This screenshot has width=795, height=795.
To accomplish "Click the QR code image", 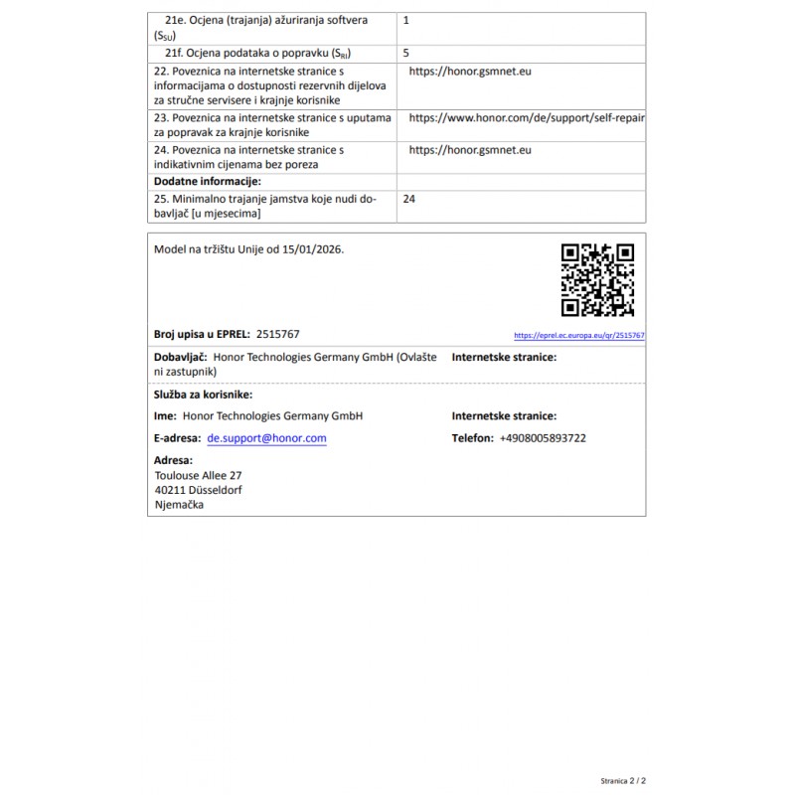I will point(597,279).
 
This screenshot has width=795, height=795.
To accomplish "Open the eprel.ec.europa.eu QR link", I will point(579,336).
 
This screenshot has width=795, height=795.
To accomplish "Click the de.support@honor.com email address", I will point(266,438).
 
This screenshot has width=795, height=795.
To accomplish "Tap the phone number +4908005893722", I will point(543,438).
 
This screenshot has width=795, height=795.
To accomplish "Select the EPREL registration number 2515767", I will point(277,335).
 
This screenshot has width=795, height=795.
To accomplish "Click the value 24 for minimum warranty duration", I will point(409,199).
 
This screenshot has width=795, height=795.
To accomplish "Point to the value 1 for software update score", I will point(406,20).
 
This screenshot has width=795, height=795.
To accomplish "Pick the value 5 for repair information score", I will point(406,52).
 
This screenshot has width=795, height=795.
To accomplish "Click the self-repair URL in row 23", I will point(527,117).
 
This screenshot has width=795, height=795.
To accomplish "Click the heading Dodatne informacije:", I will point(207,182).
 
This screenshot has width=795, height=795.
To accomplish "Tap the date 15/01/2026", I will point(312,249).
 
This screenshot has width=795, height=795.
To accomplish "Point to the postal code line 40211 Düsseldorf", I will point(198,490).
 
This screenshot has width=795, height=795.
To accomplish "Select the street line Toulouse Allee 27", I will point(198,475).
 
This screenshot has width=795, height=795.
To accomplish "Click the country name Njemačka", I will point(180,505).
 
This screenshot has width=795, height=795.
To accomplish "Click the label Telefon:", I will point(472,438).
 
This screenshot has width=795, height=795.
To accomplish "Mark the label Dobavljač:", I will point(180,356).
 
